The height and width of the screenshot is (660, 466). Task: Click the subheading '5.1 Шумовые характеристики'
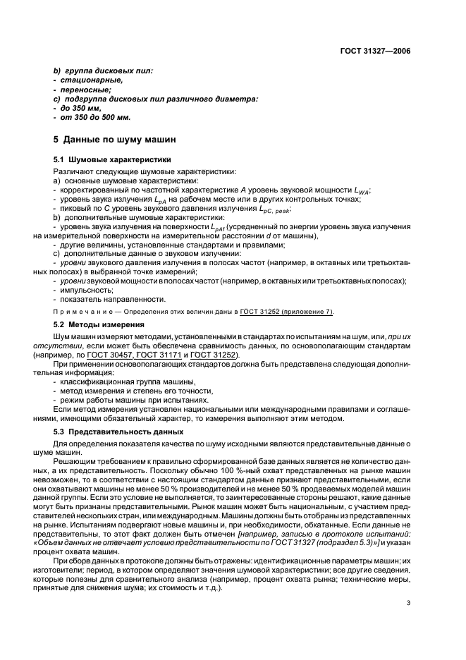[108, 160]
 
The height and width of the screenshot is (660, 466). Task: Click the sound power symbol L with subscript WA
[361, 191]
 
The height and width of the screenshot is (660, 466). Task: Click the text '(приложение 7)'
[305, 312]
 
